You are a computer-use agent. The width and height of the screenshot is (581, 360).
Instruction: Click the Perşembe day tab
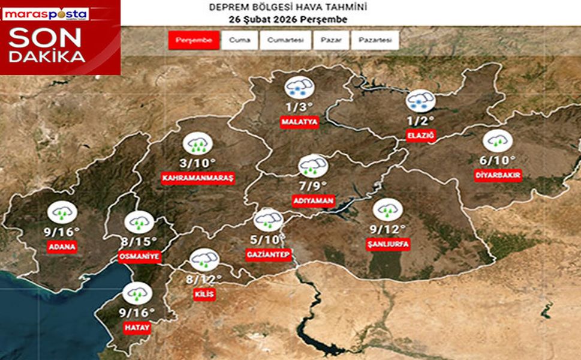pyautogui.click(x=194, y=40)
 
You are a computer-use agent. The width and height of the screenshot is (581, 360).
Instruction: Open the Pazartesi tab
pyautogui.click(x=375, y=40)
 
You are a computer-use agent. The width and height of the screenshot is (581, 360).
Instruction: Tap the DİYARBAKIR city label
pyautogui.click(x=497, y=175)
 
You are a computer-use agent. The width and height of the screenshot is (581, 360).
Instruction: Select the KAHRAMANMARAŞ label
pyautogui.click(x=198, y=178)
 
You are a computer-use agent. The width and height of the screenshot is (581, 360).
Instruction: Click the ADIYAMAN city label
pyautogui.click(x=312, y=200)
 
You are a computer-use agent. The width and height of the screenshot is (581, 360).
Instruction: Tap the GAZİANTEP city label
pyautogui.click(x=268, y=254)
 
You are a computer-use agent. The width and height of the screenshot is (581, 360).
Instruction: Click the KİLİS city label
pyautogui.click(x=203, y=294)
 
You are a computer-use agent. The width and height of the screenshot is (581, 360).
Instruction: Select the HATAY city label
pyautogui.click(x=137, y=328)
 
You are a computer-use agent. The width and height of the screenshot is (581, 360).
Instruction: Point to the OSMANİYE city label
pyautogui.click(x=139, y=256)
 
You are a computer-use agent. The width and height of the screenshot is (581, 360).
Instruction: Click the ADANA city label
pyautogui.click(x=62, y=246)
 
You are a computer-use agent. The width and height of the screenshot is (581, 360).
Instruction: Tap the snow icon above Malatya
pyautogui.click(x=298, y=88)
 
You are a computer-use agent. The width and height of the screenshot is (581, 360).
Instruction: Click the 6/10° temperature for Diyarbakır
pyautogui.click(x=497, y=160)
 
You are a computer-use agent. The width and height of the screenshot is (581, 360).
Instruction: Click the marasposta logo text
pyautogui.click(x=45, y=13)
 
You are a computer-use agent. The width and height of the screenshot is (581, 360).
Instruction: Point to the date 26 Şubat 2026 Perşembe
pyautogui.click(x=287, y=19)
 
